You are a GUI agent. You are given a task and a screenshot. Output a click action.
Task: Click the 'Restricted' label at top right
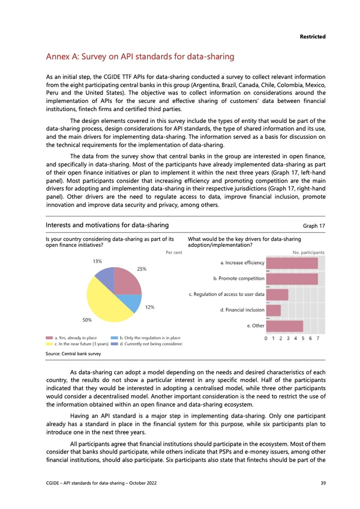coord(313,36)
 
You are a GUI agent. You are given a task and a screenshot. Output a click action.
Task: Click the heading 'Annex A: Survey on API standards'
coord(140,56)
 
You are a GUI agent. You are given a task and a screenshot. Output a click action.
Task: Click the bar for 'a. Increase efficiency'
coord(292,263)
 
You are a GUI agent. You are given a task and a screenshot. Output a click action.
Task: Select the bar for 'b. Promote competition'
coord(292,279)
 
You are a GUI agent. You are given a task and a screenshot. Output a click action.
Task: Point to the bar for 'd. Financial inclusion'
coord(274,310)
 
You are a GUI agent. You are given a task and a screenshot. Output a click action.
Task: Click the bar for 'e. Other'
coord(284,326)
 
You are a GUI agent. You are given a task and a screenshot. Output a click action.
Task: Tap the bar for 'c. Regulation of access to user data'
coord(277,295)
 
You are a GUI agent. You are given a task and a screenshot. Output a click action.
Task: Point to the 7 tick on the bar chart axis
coord(318,338)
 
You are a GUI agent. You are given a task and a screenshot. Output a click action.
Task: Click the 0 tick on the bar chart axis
coord(266,338)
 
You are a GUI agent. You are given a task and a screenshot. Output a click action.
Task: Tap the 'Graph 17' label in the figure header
coord(314,225)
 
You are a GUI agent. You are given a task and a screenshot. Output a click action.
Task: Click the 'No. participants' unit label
coord(308,252)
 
